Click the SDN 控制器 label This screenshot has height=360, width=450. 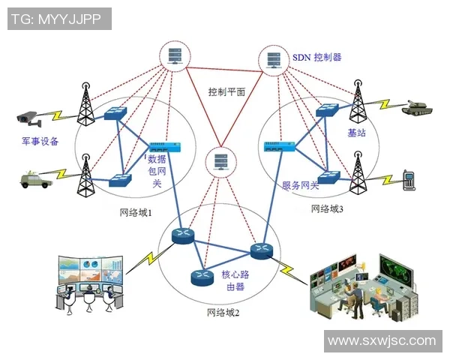coord(316,57)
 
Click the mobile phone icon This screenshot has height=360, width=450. coord(409,179)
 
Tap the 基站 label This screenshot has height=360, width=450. coord(357,132)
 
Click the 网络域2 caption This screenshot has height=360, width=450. coord(223,313)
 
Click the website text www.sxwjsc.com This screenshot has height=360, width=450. coord(382,340)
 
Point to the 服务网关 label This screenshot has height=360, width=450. coord(300,184)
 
